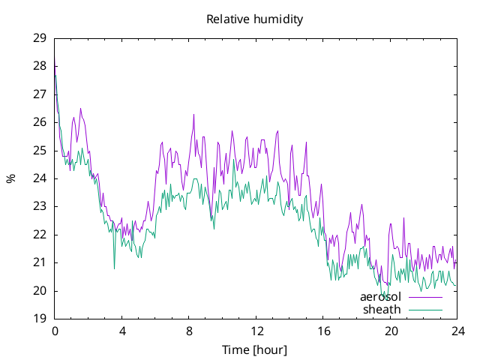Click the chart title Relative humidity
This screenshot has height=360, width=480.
[255, 19]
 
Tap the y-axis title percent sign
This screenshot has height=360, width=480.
[11, 178]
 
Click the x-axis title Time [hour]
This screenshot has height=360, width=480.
[255, 349]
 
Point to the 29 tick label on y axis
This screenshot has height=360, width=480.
[40, 38]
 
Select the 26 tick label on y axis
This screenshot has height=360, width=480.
[40, 122]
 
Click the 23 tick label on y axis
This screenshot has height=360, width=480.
[40, 207]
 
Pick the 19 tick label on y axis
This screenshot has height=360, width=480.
[40, 319]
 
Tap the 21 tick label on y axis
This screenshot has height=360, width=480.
[40, 262]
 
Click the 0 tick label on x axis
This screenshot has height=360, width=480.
[55, 331]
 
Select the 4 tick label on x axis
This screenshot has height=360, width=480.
[122, 331]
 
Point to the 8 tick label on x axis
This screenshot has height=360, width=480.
[189, 331]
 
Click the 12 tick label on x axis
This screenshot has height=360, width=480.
[256, 331]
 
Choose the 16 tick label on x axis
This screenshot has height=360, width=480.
[323, 331]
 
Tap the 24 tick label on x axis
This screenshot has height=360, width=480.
[458, 331]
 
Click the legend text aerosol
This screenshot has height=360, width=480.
[380, 297]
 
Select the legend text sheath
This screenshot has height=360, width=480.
[382, 310]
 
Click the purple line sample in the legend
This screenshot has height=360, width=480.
[425, 297]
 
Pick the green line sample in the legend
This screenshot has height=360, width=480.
[425, 310]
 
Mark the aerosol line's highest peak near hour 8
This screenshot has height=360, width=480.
[193, 115]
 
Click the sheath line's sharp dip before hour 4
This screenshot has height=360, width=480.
[115, 268]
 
